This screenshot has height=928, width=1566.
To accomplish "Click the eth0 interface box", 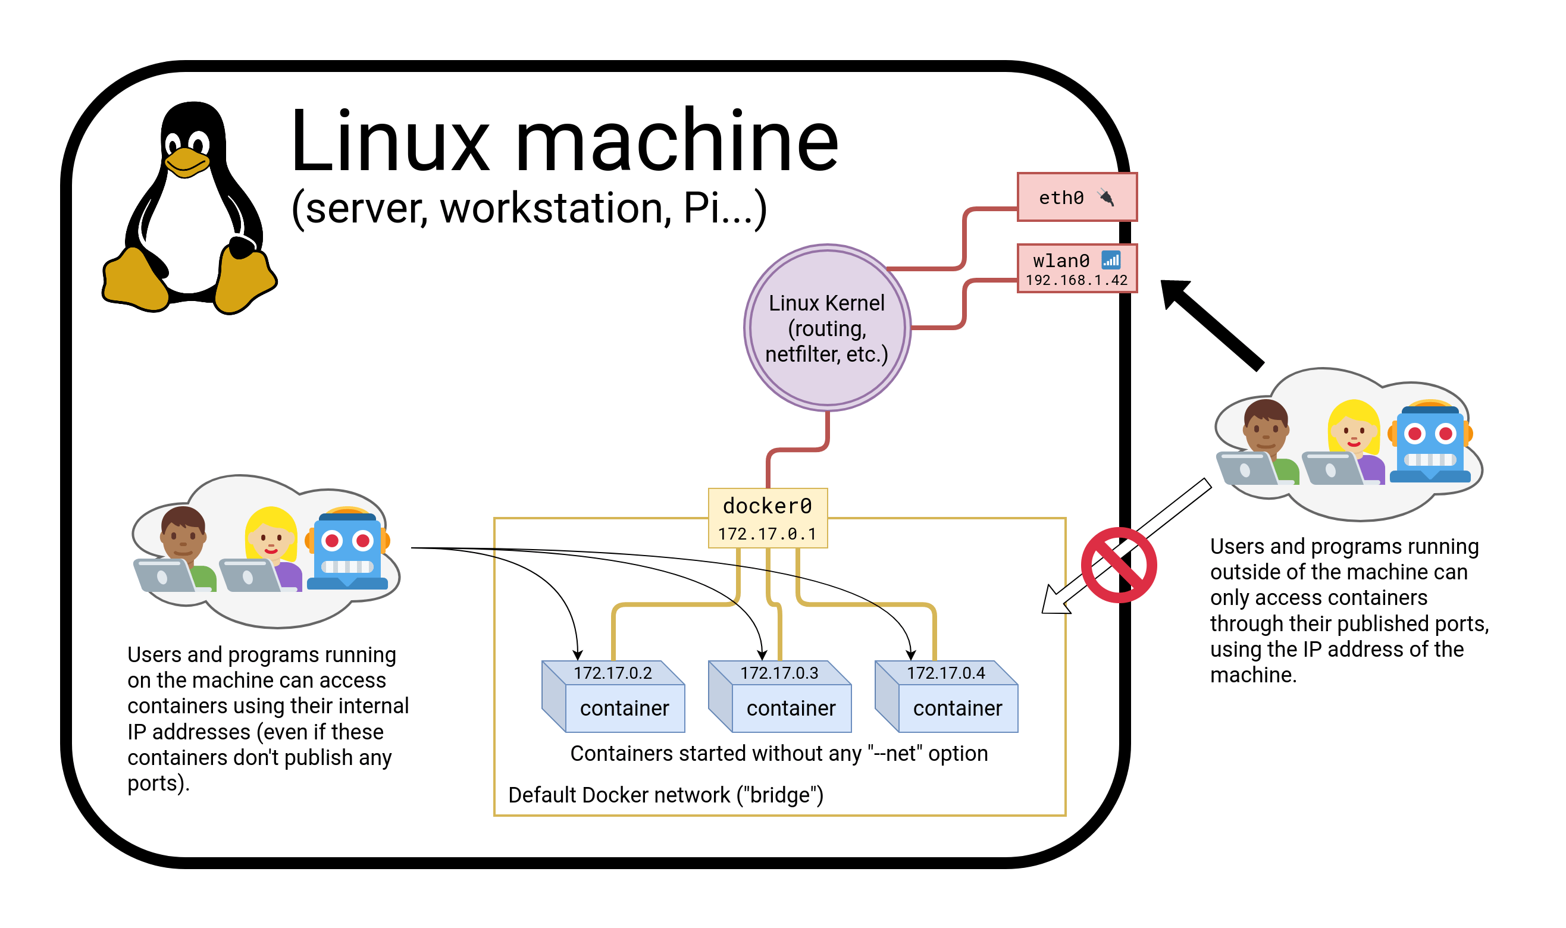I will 1076,197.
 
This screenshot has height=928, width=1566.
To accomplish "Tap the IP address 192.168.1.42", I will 1076,281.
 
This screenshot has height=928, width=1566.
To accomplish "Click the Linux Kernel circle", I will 827,328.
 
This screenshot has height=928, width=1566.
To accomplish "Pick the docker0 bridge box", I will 768,518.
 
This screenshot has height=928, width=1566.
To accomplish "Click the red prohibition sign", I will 1118,565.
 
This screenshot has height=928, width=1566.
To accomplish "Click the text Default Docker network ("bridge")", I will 665,795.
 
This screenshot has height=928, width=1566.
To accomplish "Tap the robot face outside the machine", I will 1430,441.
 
